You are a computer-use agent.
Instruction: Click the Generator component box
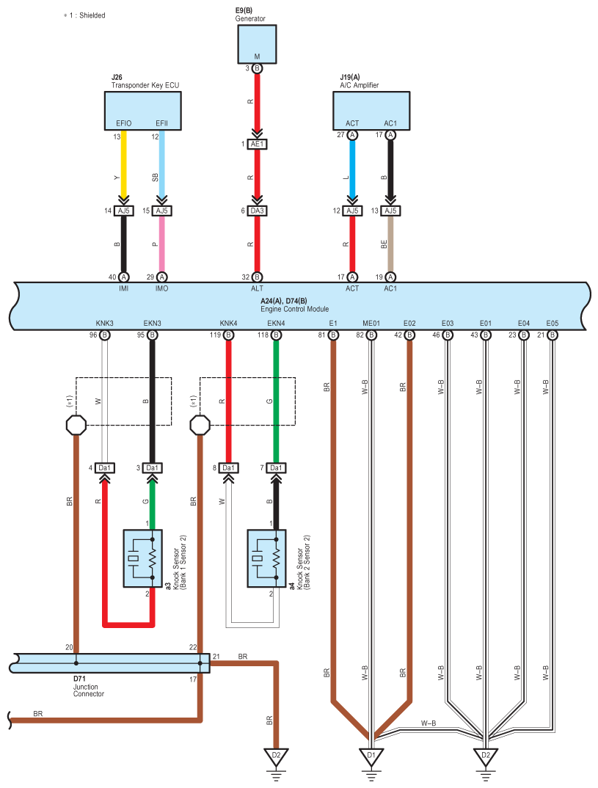point(257,44)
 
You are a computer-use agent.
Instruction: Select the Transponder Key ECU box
point(143,111)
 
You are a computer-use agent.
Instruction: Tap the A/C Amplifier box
point(371,111)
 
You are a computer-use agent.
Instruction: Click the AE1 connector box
point(257,145)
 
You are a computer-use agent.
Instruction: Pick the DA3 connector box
point(257,211)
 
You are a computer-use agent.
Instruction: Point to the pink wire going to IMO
point(161,244)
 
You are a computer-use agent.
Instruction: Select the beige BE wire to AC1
point(390,244)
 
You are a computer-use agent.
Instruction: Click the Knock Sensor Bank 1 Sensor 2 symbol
point(143,558)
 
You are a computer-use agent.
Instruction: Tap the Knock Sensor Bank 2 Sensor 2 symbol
point(267,558)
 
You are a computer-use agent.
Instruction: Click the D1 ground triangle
point(371,756)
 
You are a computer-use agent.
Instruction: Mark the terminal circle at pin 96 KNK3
point(104,335)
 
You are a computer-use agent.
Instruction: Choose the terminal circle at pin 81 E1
point(333,335)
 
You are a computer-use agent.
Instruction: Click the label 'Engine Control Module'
point(294,309)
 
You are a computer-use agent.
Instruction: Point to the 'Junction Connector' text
point(89,690)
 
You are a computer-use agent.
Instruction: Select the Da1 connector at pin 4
point(104,468)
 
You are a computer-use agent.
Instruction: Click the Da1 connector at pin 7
point(276,468)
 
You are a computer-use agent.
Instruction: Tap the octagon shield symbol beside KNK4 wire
point(200,425)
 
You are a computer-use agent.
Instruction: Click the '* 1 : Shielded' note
point(84,15)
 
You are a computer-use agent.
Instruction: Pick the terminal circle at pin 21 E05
point(553,335)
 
